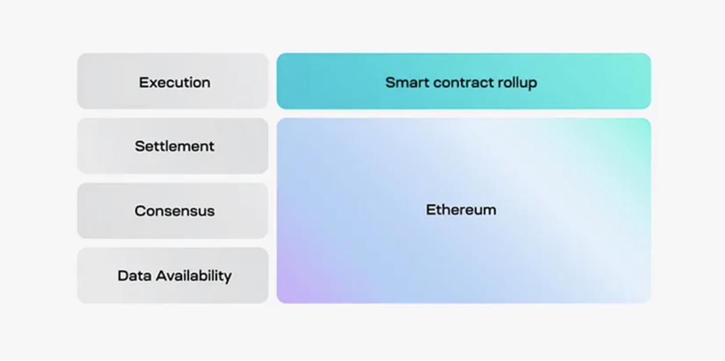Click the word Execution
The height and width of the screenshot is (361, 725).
pyautogui.click(x=175, y=82)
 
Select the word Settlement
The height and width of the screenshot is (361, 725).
pyautogui.click(x=175, y=146)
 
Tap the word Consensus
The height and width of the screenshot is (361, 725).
pyautogui.click(x=175, y=211)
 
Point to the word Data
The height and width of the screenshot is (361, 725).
pyautogui.click(x=134, y=276)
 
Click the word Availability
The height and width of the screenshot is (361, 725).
pyautogui.click(x=193, y=276)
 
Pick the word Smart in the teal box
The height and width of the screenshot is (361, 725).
pyautogui.click(x=407, y=82)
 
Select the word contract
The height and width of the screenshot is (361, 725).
pyautogui.click(x=464, y=83)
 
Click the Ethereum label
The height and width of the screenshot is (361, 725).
pyautogui.click(x=461, y=209)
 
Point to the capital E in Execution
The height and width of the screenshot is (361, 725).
pyautogui.click(x=143, y=82)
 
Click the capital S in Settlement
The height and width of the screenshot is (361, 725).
pyautogui.click(x=140, y=146)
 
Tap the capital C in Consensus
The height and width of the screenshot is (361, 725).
pyautogui.click(x=140, y=211)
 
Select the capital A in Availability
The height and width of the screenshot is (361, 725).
pyautogui.click(x=162, y=276)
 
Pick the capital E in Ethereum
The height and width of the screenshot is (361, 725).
pyautogui.click(x=430, y=209)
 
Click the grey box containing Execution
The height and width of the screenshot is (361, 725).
pyautogui.click(x=173, y=81)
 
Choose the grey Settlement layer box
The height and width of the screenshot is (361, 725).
pyautogui.click(x=173, y=146)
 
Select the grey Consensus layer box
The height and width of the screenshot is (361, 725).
pyautogui.click(x=173, y=211)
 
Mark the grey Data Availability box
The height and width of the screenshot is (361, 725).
pyautogui.click(x=173, y=276)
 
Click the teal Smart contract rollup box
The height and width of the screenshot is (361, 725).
pyautogui.click(x=464, y=81)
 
